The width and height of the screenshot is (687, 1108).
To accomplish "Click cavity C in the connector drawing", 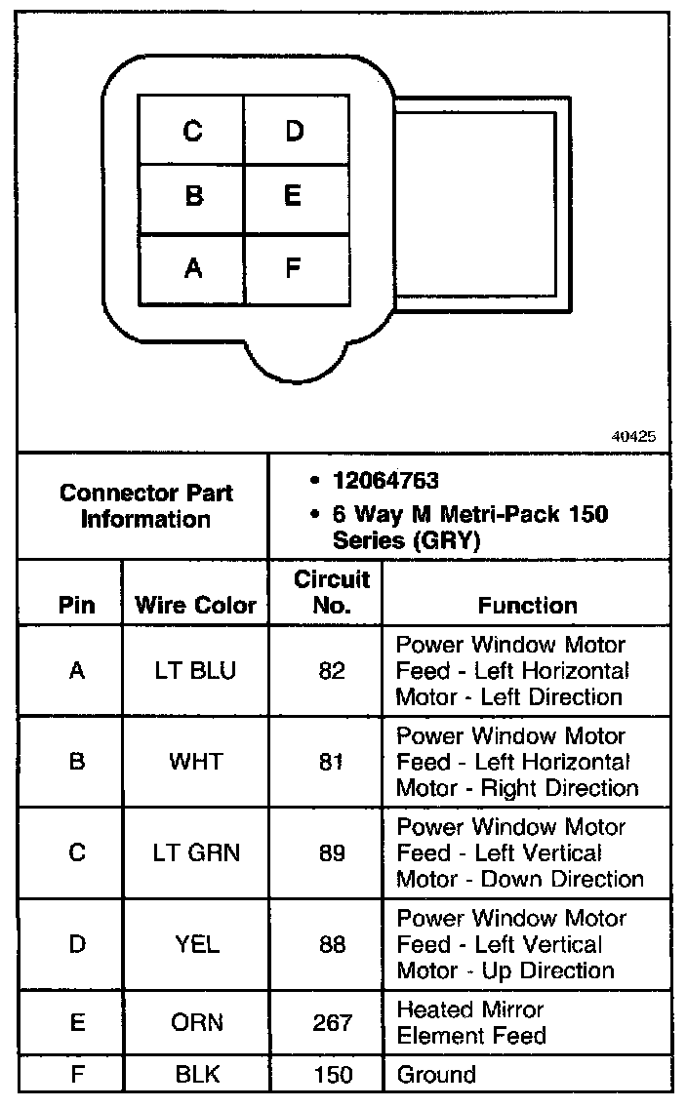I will [x=192, y=131].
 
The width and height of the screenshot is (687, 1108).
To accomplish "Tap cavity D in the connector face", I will [x=295, y=131].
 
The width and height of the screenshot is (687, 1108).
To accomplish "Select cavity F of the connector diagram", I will [x=293, y=267].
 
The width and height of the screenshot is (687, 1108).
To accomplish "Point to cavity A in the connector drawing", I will [x=193, y=267].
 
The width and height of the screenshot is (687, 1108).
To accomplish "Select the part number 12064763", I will [x=385, y=481].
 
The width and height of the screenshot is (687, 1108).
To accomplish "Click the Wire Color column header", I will [x=195, y=605].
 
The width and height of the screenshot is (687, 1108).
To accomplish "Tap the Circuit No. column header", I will [x=332, y=592].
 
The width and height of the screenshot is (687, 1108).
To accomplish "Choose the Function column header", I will [x=527, y=605].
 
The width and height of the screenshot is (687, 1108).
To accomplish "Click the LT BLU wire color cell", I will [x=194, y=671].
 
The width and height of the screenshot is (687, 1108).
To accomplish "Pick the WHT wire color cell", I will [x=195, y=762].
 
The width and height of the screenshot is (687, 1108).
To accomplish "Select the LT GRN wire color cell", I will [x=195, y=853].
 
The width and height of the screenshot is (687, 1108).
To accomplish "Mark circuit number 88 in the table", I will [x=332, y=944].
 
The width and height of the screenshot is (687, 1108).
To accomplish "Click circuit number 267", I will [x=332, y=1022].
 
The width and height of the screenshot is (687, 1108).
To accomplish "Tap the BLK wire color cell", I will [x=195, y=1075].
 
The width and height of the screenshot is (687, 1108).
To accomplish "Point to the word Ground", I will [x=436, y=1075].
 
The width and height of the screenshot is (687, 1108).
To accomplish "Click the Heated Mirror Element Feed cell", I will [x=471, y=1022].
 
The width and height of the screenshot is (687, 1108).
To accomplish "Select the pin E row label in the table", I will [x=77, y=1022].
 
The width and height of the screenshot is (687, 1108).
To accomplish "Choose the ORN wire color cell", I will [x=195, y=1022].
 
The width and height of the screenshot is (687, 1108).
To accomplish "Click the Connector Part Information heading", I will [x=145, y=505].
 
